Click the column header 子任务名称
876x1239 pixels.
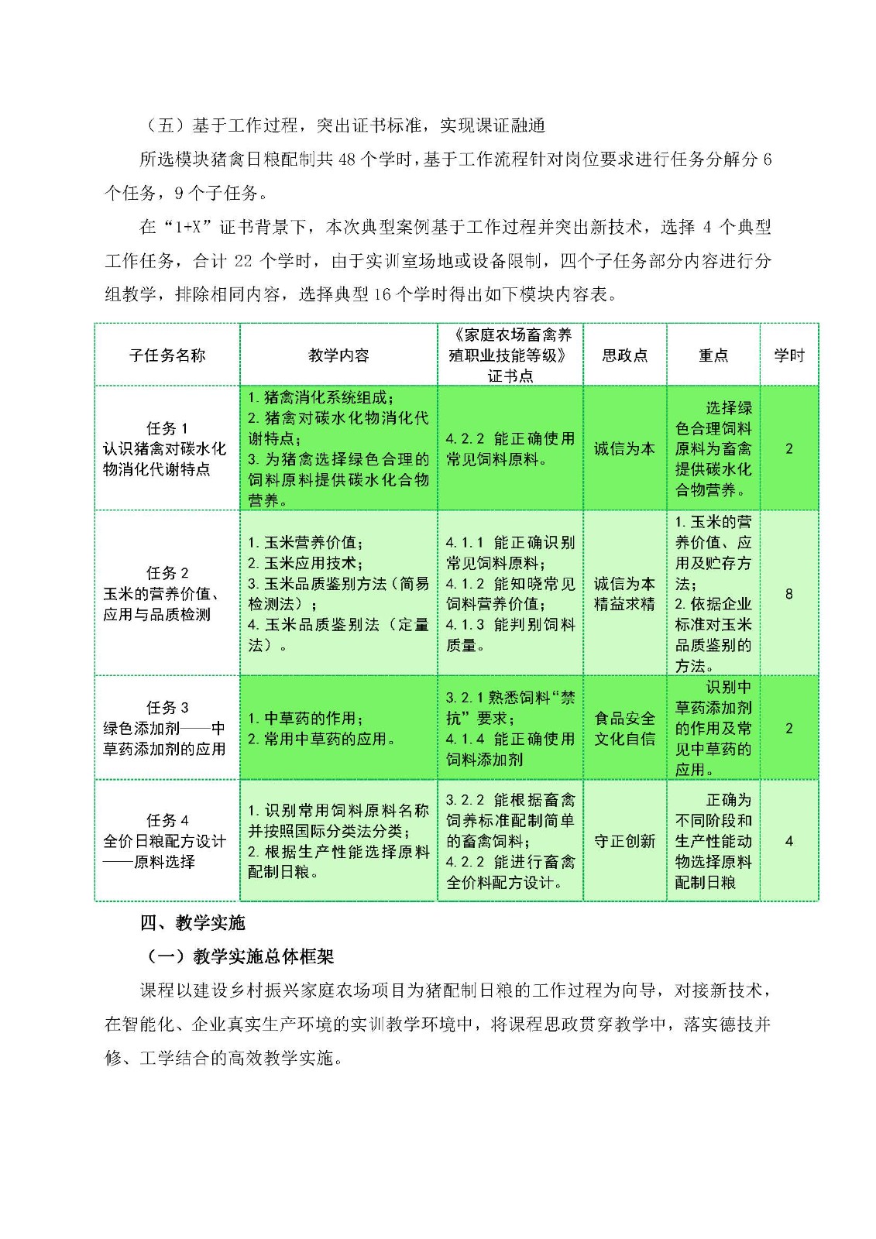(167, 355)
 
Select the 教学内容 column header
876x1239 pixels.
(338, 355)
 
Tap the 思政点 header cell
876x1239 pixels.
(624, 355)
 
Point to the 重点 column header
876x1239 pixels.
(713, 355)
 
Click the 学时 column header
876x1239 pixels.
(788, 355)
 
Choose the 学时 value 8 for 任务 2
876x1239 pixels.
(788, 594)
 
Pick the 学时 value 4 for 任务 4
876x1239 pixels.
(788, 841)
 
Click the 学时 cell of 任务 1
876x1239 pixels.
(788, 448)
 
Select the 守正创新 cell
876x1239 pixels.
(624, 841)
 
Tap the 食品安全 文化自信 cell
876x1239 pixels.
(624, 729)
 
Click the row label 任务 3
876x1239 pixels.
(167, 708)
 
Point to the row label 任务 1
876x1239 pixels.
(167, 428)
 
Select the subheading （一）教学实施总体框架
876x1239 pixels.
(240, 956)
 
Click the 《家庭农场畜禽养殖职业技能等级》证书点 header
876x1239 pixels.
(510, 355)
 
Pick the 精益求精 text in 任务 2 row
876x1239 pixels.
(624, 604)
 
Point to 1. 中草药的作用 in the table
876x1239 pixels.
(306, 719)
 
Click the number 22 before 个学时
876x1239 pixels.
(243, 261)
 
